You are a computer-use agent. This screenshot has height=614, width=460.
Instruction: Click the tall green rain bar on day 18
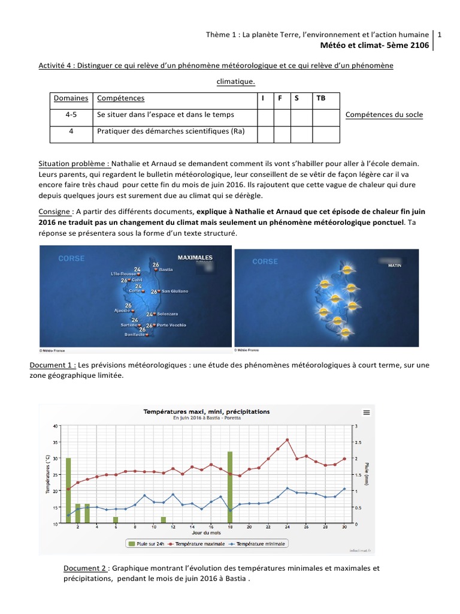(x=230, y=487)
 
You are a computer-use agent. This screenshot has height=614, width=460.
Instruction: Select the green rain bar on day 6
(x=116, y=520)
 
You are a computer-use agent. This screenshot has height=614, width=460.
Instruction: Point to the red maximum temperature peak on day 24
(x=287, y=440)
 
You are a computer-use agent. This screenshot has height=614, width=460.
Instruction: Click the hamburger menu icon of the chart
(x=367, y=412)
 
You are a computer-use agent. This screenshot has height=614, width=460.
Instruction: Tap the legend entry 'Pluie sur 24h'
(x=147, y=544)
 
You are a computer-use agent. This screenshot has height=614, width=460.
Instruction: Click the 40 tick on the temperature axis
(x=56, y=426)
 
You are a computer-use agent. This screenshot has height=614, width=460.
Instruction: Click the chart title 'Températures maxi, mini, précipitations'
(x=206, y=411)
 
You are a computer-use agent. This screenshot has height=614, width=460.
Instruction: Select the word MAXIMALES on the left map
(x=195, y=258)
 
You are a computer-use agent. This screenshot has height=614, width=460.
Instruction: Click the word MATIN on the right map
(x=395, y=263)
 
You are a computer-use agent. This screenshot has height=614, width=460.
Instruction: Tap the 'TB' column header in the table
(x=320, y=98)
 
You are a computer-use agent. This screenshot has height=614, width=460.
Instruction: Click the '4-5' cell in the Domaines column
(x=71, y=114)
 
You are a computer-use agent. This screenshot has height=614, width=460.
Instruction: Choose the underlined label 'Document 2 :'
(x=86, y=568)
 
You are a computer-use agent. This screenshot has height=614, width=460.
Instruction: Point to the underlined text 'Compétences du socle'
(x=385, y=115)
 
